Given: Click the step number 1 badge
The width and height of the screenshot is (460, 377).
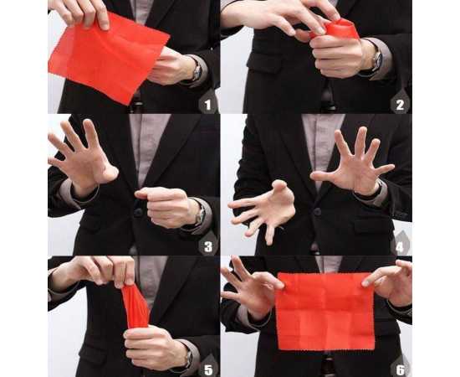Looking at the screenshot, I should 208,104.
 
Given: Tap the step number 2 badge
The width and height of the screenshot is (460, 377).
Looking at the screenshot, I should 401,104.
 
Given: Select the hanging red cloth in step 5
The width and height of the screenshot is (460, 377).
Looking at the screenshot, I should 135,306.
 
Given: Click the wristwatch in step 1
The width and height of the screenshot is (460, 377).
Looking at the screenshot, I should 196,70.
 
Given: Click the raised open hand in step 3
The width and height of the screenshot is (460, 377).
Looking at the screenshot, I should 84,159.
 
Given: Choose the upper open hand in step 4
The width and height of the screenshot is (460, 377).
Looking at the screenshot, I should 351,163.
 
